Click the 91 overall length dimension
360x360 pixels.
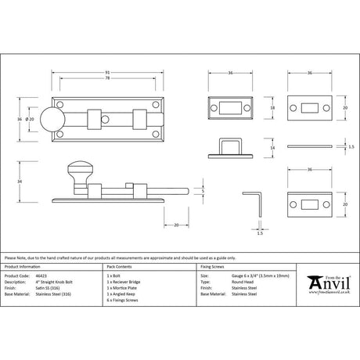(x=106, y=72)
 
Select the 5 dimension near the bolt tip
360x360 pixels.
(x=202, y=190)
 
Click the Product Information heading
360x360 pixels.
(x=26, y=266)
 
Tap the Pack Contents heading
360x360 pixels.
(x=122, y=266)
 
